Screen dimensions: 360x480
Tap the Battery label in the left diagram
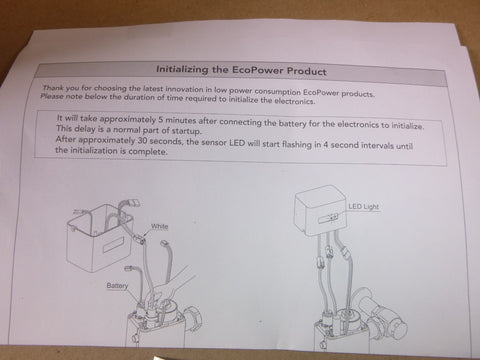(120, 285)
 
